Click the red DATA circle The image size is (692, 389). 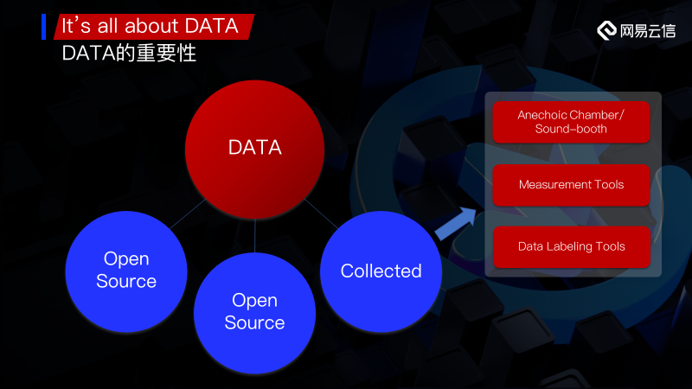point(254,149)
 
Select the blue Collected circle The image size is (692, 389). point(381,271)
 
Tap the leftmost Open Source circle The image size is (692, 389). point(126,271)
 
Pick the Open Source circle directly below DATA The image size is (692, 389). point(254,313)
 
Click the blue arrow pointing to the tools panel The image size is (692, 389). point(456,223)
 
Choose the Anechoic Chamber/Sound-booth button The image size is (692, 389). point(571,122)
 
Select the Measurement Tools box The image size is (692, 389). point(571,185)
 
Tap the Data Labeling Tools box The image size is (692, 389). point(571,246)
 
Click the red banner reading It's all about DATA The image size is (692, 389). point(154,27)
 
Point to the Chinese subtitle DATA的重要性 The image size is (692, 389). point(129,54)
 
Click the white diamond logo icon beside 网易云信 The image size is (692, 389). point(607,30)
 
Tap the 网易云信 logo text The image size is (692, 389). point(647,31)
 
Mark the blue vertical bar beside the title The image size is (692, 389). point(44,27)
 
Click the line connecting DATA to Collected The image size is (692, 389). point(321,214)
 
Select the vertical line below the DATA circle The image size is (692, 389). point(254,235)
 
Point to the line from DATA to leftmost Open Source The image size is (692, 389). point(188,214)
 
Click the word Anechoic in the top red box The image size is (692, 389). point(542,115)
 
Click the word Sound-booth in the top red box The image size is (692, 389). point(571,129)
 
